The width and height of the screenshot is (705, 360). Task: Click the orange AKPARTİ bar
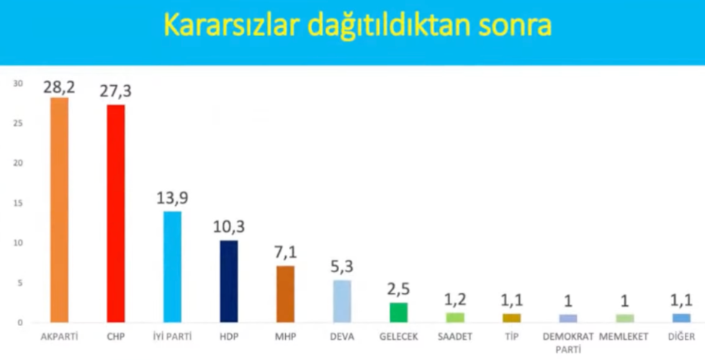59,210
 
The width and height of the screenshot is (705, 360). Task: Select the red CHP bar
116,214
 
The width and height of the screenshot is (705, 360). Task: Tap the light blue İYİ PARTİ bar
172,267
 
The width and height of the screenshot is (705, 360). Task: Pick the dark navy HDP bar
229,282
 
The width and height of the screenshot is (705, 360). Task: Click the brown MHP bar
285,294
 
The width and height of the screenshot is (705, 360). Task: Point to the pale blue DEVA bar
342,301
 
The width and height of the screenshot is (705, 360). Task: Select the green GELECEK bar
398,312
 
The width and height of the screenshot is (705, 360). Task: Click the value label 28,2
59,87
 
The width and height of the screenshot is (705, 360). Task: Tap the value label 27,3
115,91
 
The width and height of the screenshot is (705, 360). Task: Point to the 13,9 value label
172,198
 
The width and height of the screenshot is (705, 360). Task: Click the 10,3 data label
229,227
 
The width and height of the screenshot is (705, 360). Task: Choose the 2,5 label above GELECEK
398,289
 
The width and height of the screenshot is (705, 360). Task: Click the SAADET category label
455,337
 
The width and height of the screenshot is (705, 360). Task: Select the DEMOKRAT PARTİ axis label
568,343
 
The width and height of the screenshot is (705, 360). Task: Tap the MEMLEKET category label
624,337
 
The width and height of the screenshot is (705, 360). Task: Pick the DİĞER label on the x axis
682,336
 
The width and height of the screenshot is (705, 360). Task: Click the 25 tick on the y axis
18,123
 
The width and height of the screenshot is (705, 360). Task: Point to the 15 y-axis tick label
18,203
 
